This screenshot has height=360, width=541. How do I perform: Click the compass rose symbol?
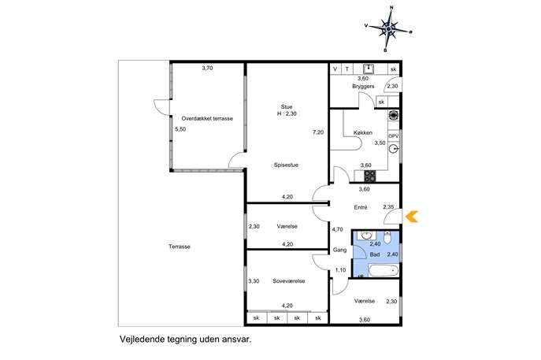click(x=388, y=29)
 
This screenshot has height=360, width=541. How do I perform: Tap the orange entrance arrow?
click(x=412, y=217)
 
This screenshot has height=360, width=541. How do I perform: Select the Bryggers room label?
click(x=363, y=87)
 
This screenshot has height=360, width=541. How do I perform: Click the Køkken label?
click(x=362, y=132)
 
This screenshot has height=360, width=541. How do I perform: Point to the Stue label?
click(x=287, y=107)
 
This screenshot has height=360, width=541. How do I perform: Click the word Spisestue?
click(x=286, y=165)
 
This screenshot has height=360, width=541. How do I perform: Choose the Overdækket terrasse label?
click(x=207, y=118)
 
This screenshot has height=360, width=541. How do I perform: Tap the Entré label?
click(x=361, y=207)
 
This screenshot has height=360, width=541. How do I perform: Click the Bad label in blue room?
click(x=375, y=254)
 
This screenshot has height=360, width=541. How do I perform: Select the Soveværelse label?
click(x=289, y=281)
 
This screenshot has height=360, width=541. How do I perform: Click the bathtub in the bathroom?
click(x=384, y=270)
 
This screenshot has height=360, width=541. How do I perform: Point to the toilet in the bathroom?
click(x=387, y=237)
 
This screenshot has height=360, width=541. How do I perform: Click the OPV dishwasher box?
click(x=393, y=136)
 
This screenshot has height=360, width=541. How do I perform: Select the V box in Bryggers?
click(x=335, y=69)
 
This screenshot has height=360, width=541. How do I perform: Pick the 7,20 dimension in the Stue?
click(x=318, y=132)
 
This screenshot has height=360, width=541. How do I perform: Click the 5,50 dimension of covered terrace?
click(x=180, y=129)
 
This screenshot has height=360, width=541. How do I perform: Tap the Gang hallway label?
click(x=339, y=250)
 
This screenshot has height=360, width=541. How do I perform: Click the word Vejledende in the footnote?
click(x=141, y=340)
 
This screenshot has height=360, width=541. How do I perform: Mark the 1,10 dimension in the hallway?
click(x=340, y=270)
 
